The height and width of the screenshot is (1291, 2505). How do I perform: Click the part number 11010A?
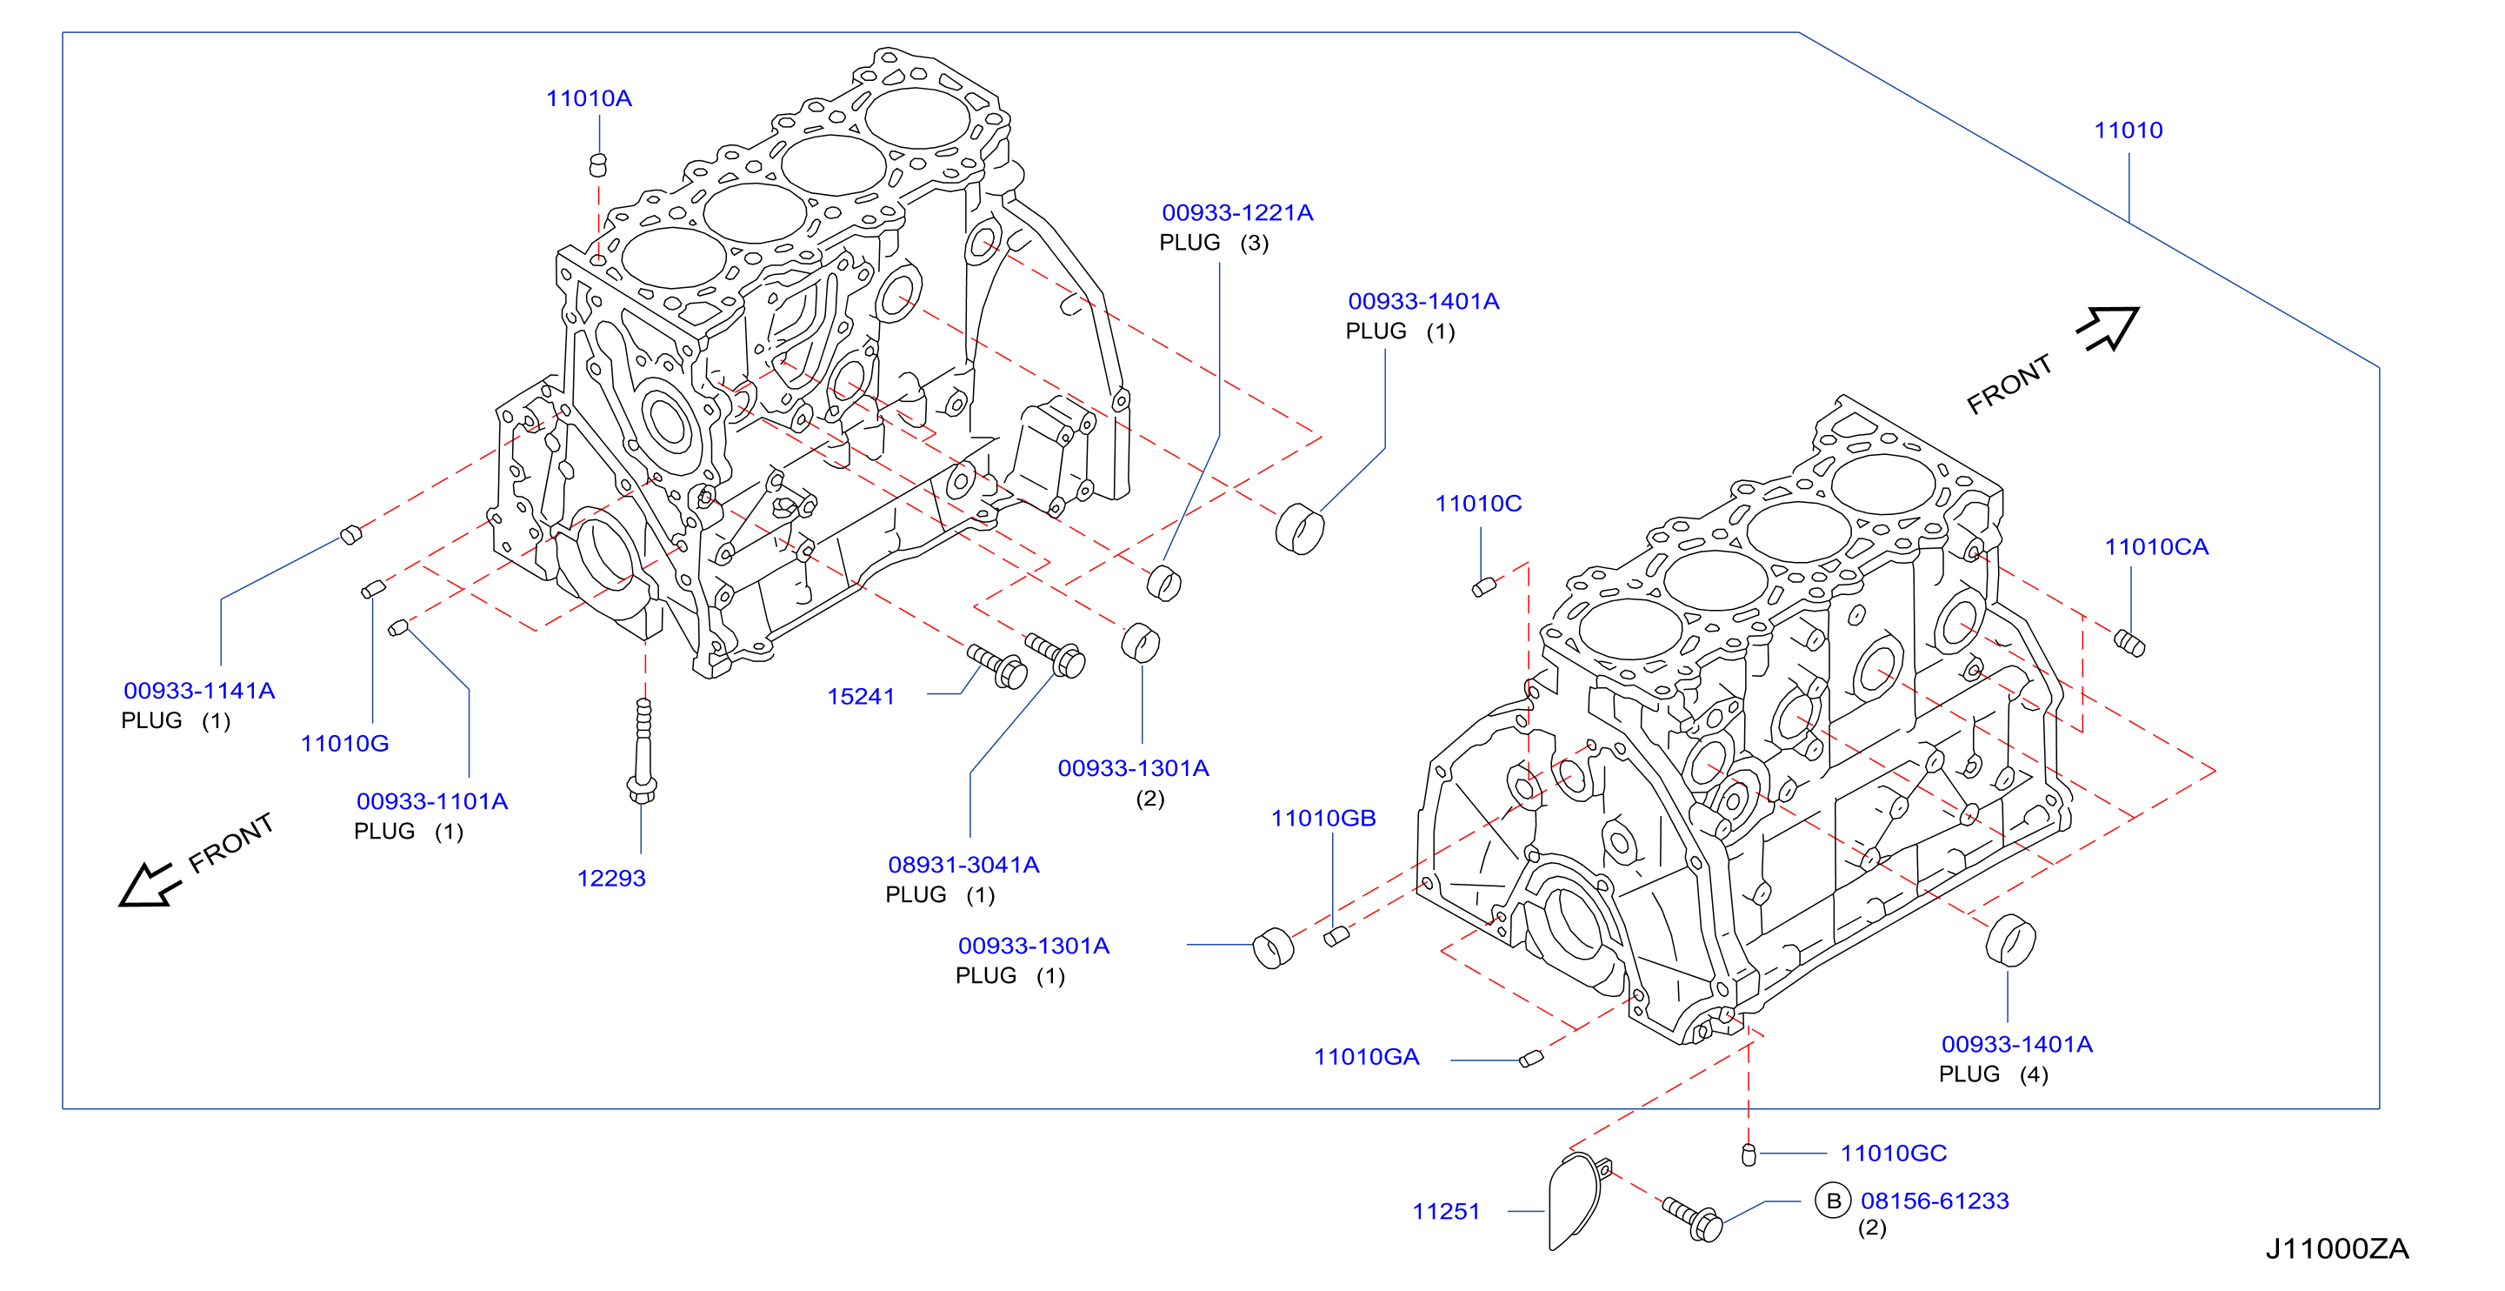coord(589,98)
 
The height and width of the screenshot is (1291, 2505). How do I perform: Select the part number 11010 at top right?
coord(2128,130)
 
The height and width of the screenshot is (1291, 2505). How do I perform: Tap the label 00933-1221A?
coord(1237,213)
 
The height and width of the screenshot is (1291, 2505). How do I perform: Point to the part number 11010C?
coord(1478,504)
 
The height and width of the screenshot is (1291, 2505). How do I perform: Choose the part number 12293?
coord(610,879)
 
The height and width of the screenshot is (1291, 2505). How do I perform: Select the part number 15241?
coord(861,697)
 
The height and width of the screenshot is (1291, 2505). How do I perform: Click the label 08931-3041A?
coord(963,865)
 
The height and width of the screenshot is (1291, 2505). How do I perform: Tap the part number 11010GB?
coord(1323,819)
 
